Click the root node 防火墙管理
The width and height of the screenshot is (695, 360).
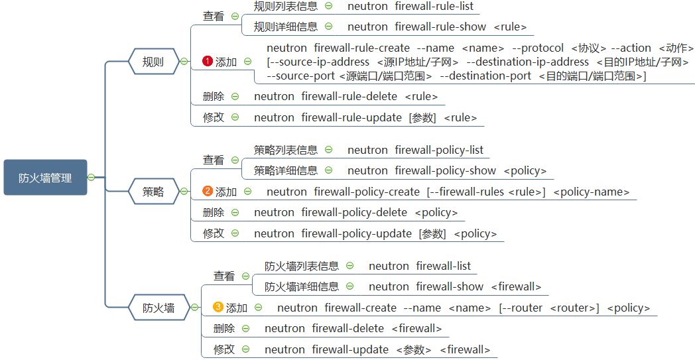click(45, 178)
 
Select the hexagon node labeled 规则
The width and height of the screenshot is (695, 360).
click(153, 62)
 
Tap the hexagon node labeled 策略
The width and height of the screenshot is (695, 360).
click(153, 192)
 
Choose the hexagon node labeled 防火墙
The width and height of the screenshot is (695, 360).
click(159, 308)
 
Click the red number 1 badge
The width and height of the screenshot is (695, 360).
click(208, 62)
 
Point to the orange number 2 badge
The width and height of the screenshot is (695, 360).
click(208, 192)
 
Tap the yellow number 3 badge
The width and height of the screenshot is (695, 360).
click(218, 308)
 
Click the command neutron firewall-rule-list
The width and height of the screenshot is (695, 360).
click(411, 7)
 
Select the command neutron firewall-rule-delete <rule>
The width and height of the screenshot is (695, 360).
click(346, 97)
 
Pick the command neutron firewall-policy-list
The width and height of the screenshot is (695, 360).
click(416, 150)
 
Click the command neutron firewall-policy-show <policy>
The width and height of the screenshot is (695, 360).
click(447, 171)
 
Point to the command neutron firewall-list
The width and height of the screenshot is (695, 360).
click(420, 267)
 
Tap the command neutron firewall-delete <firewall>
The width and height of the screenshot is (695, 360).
click(353, 329)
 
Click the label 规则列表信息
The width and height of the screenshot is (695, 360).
click(286, 7)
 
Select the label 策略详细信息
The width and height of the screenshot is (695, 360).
click(286, 171)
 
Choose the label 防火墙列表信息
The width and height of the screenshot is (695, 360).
click(302, 267)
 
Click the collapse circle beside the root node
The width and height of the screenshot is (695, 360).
click(92, 177)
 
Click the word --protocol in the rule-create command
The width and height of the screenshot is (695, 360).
click(538, 48)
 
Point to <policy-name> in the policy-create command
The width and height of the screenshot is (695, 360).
click(590, 192)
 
